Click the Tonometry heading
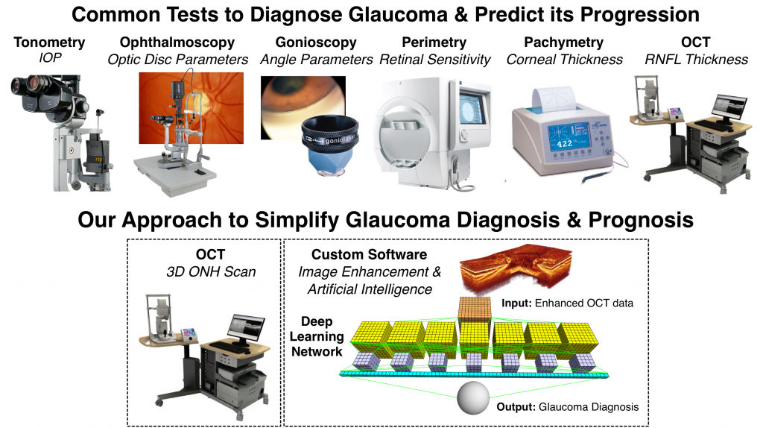(x=49, y=43)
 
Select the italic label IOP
(x=50, y=58)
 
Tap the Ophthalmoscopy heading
(x=177, y=43)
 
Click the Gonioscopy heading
(x=316, y=43)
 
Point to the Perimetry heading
(x=434, y=43)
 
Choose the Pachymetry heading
(x=563, y=43)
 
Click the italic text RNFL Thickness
(x=697, y=60)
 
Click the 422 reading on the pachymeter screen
(x=565, y=144)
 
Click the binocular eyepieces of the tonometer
(x=29, y=86)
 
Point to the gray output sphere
(x=473, y=398)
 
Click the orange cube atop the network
(x=474, y=309)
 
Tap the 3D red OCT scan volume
(x=516, y=268)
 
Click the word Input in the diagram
(x=516, y=303)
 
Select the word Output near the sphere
(x=516, y=407)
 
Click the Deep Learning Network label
(x=317, y=336)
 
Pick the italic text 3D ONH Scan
(x=211, y=271)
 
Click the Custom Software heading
(x=370, y=255)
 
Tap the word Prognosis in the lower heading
(x=641, y=220)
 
